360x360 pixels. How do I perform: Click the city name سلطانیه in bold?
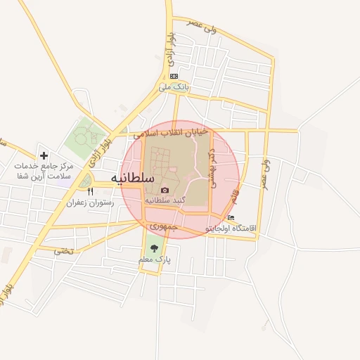133,179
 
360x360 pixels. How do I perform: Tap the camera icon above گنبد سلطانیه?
165,190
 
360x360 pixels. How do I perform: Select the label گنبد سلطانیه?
165,200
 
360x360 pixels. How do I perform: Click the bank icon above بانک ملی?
174,77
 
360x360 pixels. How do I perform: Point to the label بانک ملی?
174,86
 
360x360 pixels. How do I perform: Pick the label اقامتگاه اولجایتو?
231,229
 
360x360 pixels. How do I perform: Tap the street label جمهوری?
167,229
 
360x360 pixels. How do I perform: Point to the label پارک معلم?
155,259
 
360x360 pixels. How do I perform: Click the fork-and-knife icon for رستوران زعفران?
89,191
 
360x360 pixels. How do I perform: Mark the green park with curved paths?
86,139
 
